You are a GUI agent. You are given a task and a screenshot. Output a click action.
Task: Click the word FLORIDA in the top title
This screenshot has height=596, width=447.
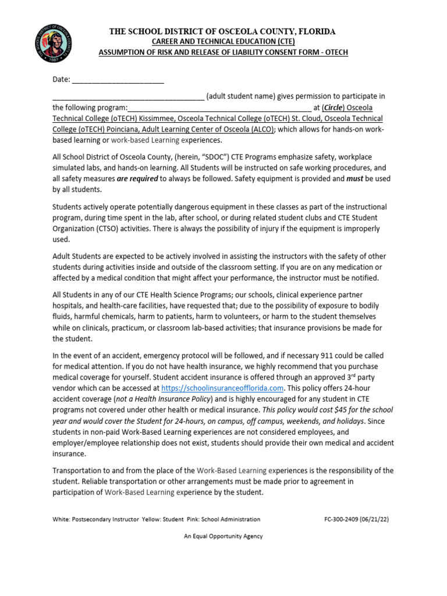tap(311, 31)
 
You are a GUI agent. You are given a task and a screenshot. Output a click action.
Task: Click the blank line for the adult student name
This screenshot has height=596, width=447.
tap(128, 97)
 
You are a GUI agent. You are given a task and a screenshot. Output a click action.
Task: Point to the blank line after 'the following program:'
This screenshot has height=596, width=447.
tap(219, 108)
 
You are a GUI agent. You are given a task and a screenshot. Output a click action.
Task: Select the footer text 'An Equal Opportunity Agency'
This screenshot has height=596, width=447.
tap(223, 536)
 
